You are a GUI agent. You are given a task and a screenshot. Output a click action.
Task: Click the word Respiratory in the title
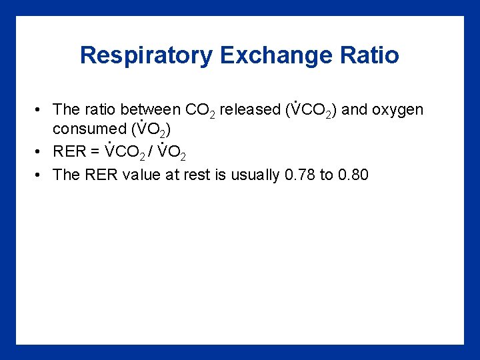[x=146, y=55]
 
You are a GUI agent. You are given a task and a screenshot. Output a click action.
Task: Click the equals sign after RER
[x=96, y=152]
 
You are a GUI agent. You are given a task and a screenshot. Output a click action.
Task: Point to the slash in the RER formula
[x=152, y=152]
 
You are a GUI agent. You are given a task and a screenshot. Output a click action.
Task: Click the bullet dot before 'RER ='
[x=41, y=152]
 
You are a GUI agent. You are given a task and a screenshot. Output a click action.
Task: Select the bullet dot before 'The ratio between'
[x=41, y=109]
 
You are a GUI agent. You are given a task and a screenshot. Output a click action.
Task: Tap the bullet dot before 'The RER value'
[x=41, y=175]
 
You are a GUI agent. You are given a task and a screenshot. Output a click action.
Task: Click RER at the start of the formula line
[x=69, y=152]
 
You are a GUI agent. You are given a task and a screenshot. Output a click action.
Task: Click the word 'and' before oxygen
[x=354, y=109]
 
